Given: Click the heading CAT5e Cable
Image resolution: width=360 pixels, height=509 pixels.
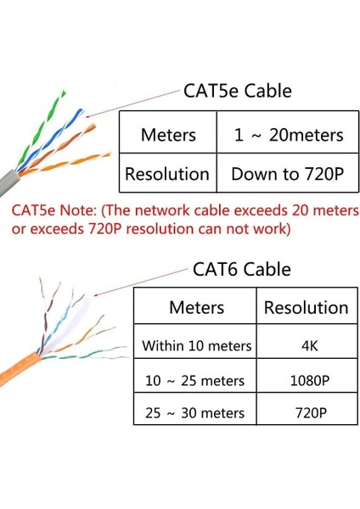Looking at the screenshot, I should click(x=238, y=92).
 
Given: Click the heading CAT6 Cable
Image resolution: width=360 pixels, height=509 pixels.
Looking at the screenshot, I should click(x=242, y=270).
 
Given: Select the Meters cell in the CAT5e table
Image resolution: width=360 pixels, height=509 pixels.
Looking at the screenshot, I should click(x=168, y=134).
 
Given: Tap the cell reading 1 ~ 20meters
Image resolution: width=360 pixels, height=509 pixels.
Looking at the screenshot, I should click(x=289, y=134).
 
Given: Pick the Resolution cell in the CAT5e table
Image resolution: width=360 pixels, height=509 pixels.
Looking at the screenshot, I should click(x=167, y=175).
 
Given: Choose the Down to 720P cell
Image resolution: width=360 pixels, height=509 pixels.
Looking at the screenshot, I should click(x=289, y=175).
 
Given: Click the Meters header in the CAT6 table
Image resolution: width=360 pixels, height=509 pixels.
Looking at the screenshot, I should click(x=196, y=307).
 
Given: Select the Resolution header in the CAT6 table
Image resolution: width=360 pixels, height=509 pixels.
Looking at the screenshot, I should click(x=306, y=307).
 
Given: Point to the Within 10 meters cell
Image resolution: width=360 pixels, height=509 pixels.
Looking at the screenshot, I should click(x=196, y=345).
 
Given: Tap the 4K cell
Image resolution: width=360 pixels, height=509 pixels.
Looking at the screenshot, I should click(x=306, y=345).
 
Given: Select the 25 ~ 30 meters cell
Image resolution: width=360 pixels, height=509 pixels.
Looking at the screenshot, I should click(x=196, y=413).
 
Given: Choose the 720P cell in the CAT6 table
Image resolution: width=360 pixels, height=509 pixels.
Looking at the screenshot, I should click(x=306, y=413).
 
